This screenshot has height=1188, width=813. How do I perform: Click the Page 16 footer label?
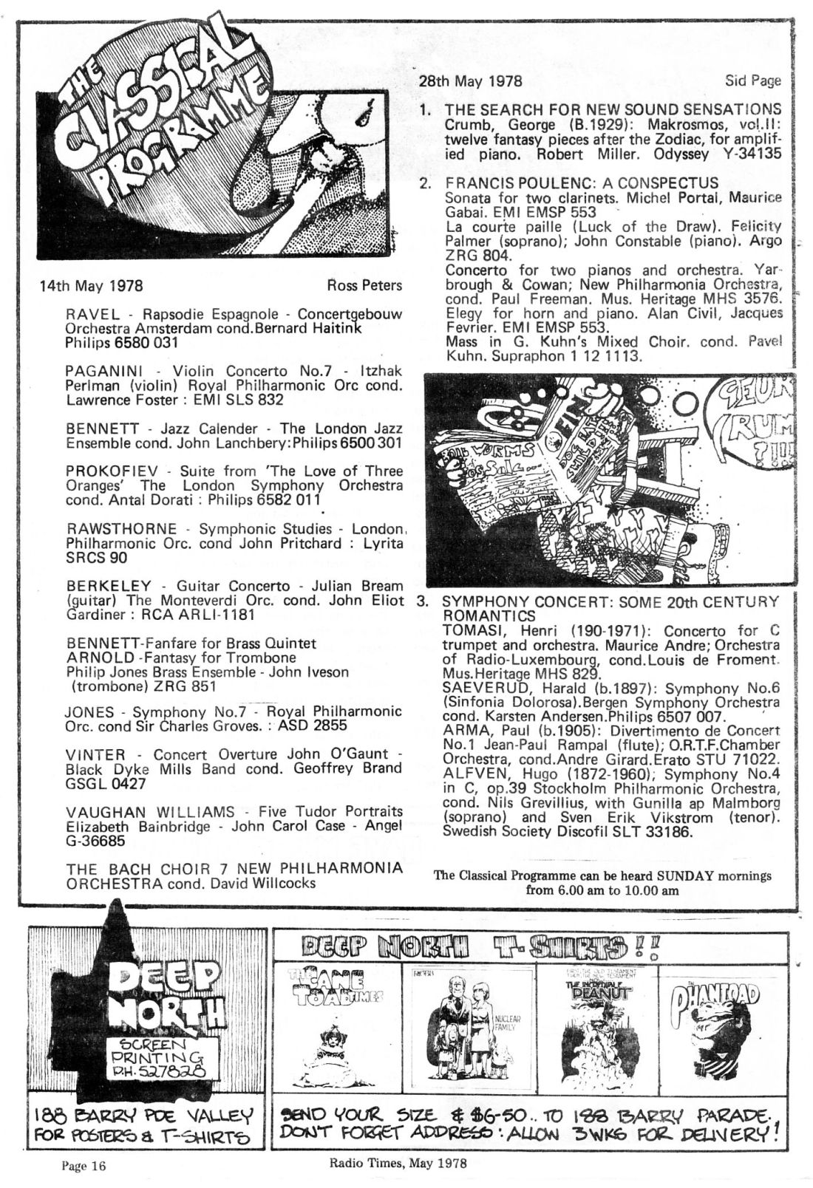[84, 1167]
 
